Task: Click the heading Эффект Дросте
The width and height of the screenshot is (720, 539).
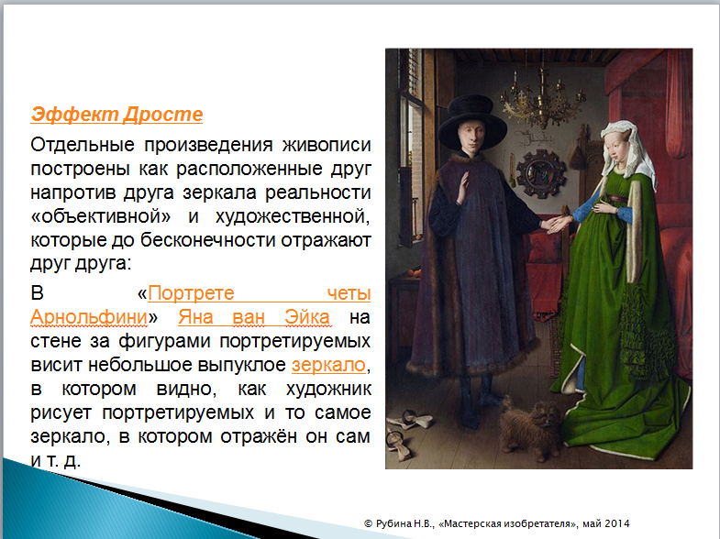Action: [116, 115]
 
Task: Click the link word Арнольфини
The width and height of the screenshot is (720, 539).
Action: [89, 317]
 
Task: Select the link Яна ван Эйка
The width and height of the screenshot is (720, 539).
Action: [254, 317]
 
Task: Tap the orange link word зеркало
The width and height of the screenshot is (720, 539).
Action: [328, 365]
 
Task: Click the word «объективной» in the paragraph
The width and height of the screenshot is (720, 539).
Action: [101, 216]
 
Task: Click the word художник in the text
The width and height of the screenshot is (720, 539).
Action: [328, 389]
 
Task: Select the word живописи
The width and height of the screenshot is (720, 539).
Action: [327, 145]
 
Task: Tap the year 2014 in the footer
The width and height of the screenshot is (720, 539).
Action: [617, 523]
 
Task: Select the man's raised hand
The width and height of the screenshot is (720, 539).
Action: [462, 187]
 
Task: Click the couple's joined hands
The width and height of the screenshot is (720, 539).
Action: [558, 223]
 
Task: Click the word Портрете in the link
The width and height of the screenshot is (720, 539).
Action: [191, 293]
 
